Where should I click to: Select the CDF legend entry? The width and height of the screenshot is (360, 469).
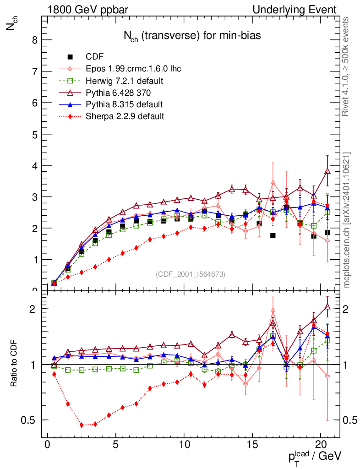[95, 57]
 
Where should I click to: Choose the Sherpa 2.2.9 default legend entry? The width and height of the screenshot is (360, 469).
[125, 116]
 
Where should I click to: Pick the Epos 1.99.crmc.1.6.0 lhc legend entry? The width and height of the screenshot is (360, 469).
[133, 69]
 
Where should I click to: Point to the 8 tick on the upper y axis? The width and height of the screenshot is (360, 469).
[34, 40]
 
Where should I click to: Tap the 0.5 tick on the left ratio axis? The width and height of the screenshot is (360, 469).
[31, 420]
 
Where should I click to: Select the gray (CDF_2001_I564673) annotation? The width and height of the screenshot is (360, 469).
[191, 274]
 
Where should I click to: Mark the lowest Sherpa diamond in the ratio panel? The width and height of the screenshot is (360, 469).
[82, 425]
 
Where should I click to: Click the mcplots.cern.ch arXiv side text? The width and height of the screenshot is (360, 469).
[347, 220]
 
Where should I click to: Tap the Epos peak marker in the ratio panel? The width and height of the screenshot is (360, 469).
[273, 311]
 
